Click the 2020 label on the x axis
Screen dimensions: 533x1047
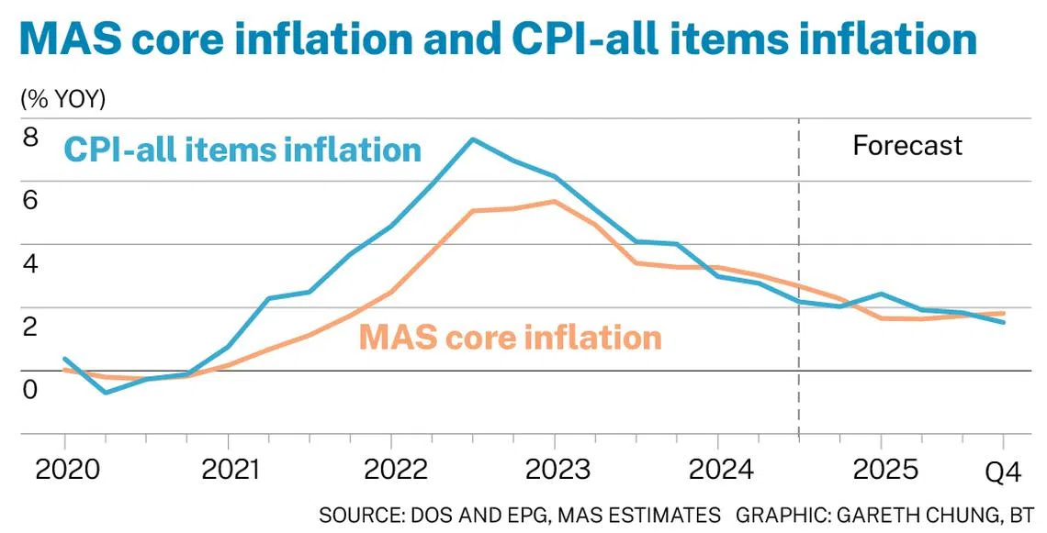65,469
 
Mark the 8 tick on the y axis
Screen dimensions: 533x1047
30,138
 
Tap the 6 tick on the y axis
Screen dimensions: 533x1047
30,201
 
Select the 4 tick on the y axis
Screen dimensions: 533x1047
30,264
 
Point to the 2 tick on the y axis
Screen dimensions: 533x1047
30,327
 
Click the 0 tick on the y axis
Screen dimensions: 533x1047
30,390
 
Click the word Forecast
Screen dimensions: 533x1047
907,145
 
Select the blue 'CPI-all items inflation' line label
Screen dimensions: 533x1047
242,149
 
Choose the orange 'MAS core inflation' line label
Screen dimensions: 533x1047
510,337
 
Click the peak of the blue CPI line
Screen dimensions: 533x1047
472,139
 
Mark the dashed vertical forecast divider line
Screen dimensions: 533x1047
799,275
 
